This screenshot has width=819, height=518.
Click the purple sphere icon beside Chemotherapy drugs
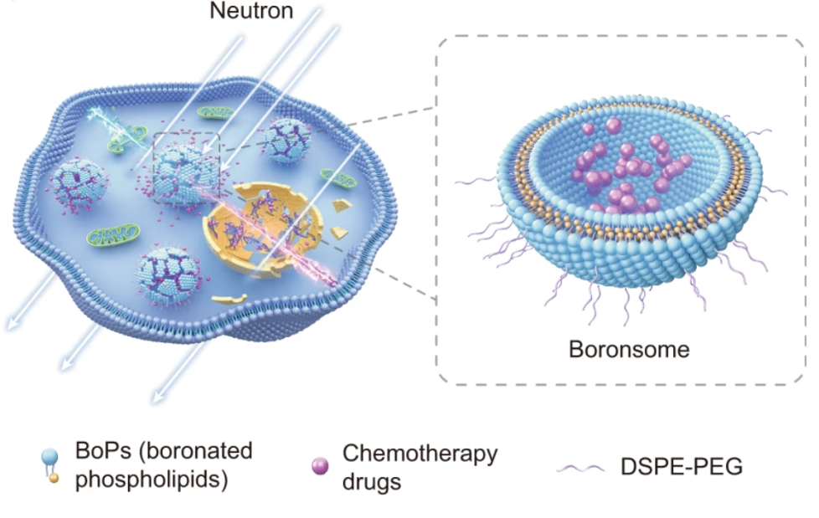tap(318, 465)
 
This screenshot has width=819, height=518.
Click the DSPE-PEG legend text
tap(682, 467)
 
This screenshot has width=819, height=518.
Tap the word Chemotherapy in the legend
tap(420, 454)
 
